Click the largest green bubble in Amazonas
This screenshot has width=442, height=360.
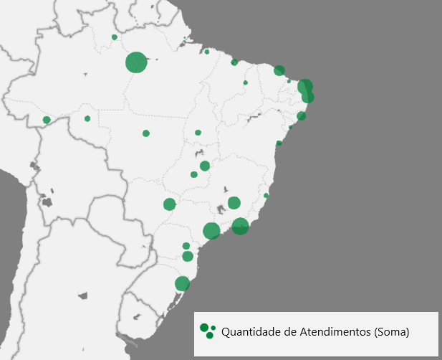point(136,62)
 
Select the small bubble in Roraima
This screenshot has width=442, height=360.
point(114,37)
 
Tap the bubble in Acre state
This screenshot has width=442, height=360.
point(47,120)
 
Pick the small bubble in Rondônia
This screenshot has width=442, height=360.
point(87,118)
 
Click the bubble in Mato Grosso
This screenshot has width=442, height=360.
point(146,133)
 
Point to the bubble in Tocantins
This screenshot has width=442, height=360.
point(198,133)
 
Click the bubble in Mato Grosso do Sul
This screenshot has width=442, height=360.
point(170,204)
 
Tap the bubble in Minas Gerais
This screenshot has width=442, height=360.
point(234,203)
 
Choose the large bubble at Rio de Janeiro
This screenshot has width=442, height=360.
point(240,227)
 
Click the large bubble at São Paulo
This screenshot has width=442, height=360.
point(211,231)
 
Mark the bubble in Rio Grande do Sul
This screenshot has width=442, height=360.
point(183,283)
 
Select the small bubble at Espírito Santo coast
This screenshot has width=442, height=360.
point(266,195)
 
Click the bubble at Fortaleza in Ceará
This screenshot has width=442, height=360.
point(279,70)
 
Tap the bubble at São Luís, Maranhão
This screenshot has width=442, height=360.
point(234,62)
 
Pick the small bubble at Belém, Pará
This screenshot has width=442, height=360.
point(207,52)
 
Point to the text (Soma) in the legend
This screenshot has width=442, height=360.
point(391,332)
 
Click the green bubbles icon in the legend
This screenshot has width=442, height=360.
point(208,331)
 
